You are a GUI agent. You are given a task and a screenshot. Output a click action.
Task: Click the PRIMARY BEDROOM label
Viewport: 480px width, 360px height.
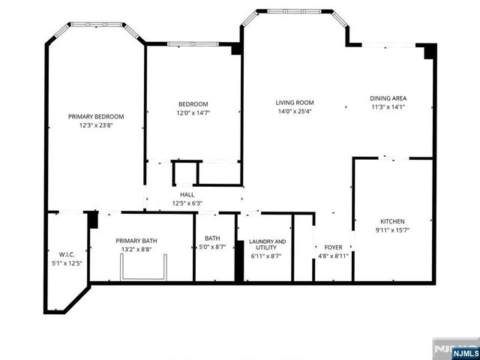96,116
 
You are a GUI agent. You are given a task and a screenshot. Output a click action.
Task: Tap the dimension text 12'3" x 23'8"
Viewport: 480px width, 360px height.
96,125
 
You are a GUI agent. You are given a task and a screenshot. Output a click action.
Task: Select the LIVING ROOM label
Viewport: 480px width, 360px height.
294,103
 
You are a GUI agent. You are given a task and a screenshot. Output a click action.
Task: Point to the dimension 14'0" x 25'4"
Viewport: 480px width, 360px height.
294,112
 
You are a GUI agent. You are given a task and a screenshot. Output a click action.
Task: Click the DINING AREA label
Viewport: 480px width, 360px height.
388,98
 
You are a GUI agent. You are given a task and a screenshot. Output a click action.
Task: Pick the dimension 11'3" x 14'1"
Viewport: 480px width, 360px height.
388,107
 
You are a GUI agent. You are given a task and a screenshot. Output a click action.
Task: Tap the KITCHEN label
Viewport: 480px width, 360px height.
392,221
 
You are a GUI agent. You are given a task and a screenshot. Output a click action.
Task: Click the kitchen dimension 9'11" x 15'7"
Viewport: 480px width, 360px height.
392,230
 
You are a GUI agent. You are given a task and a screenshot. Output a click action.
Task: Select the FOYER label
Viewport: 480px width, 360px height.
333,247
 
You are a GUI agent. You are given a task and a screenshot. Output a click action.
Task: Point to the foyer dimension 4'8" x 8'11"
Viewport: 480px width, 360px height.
333,256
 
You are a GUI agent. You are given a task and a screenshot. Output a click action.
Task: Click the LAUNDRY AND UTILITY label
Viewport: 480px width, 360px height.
268,245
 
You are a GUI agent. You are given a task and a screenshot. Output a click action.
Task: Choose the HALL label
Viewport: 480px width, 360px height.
187,193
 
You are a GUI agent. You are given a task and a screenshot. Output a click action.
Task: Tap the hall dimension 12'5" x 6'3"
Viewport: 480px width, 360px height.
187,202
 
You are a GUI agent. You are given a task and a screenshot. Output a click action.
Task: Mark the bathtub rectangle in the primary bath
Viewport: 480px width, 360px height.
145,267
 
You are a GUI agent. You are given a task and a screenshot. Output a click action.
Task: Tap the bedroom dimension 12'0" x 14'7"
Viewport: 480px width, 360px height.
193,113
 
